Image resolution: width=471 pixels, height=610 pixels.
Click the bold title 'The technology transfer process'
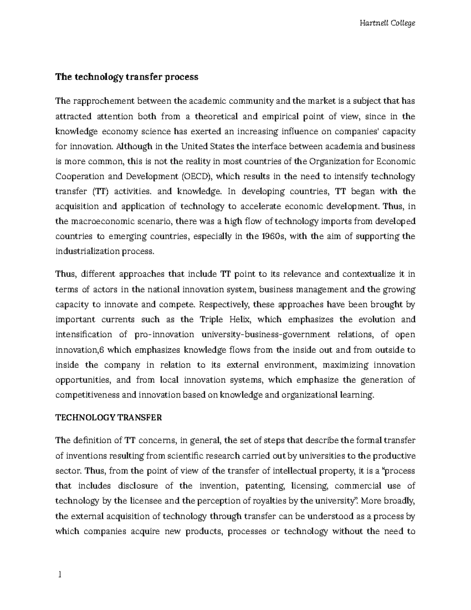coord(127,77)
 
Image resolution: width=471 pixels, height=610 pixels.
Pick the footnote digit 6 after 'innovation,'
coord(102,350)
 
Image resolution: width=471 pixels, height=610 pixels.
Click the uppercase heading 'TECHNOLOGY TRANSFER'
coord(109,418)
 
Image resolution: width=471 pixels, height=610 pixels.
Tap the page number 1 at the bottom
coord(59,575)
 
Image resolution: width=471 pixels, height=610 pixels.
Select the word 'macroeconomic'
coord(98,222)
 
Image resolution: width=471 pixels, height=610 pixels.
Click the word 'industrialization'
coord(87,251)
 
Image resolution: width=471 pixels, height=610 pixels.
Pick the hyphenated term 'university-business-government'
coord(266,334)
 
